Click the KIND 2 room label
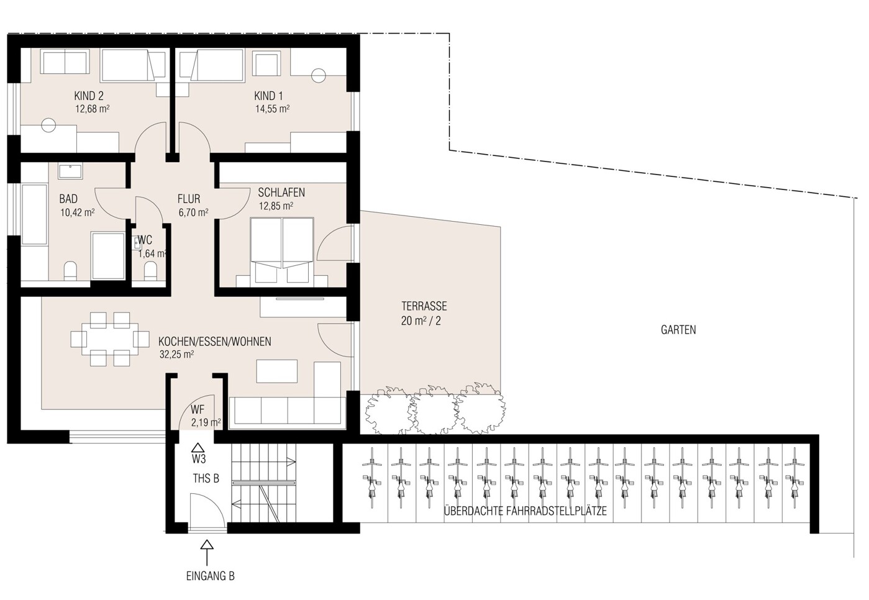[89, 96]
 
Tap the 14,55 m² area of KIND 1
[272, 109]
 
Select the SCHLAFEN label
[281, 193]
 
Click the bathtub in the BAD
[35, 215]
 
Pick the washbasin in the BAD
[70, 171]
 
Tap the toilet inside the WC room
[150, 271]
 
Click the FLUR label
[189, 199]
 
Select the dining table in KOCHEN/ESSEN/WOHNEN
[110, 339]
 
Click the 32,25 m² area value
[176, 354]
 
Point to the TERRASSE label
[424, 306]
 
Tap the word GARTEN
[678, 330]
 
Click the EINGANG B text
[211, 576]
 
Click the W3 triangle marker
[198, 447]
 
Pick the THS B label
[206, 479]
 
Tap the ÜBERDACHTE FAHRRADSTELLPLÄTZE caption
[525, 511]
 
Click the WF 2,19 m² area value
[206, 422]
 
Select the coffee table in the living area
[276, 371]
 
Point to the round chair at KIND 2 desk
[48, 125]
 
